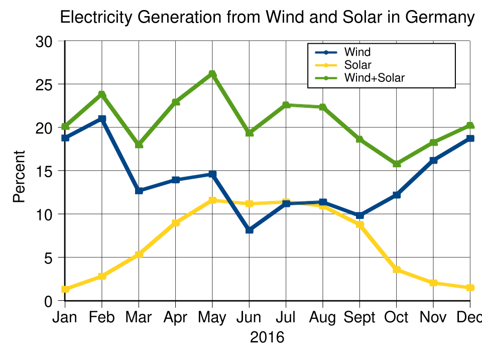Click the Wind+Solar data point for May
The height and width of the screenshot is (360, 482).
pyautogui.click(x=212, y=74)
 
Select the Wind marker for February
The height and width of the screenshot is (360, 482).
pyautogui.click(x=102, y=119)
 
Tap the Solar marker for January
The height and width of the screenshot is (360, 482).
pyautogui.click(x=65, y=289)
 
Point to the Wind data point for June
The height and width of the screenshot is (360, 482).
pyautogui.click(x=249, y=230)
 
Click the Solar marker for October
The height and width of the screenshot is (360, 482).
pyautogui.click(x=397, y=270)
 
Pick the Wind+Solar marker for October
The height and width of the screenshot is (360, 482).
pyautogui.click(x=397, y=164)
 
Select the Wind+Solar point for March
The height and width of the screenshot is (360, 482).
pyautogui.click(x=139, y=145)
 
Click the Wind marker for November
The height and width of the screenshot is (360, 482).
pyautogui.click(x=433, y=160)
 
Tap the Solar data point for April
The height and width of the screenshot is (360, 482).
pyautogui.click(x=176, y=223)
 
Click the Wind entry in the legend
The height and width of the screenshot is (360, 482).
pyautogui.click(x=357, y=52)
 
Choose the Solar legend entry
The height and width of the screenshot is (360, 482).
pyautogui.click(x=357, y=65)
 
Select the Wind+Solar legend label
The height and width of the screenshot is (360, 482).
pyautogui.click(x=374, y=78)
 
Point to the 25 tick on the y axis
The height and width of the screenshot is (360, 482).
pyautogui.click(x=45, y=84)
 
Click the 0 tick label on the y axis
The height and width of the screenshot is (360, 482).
pyautogui.click(x=49, y=301)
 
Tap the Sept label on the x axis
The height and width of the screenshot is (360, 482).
pyautogui.click(x=359, y=318)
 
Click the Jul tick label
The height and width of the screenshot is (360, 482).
pyautogui.click(x=286, y=318)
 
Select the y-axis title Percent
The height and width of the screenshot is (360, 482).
pyautogui.click(x=19, y=176)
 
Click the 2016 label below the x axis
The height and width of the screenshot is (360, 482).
pyautogui.click(x=267, y=337)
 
